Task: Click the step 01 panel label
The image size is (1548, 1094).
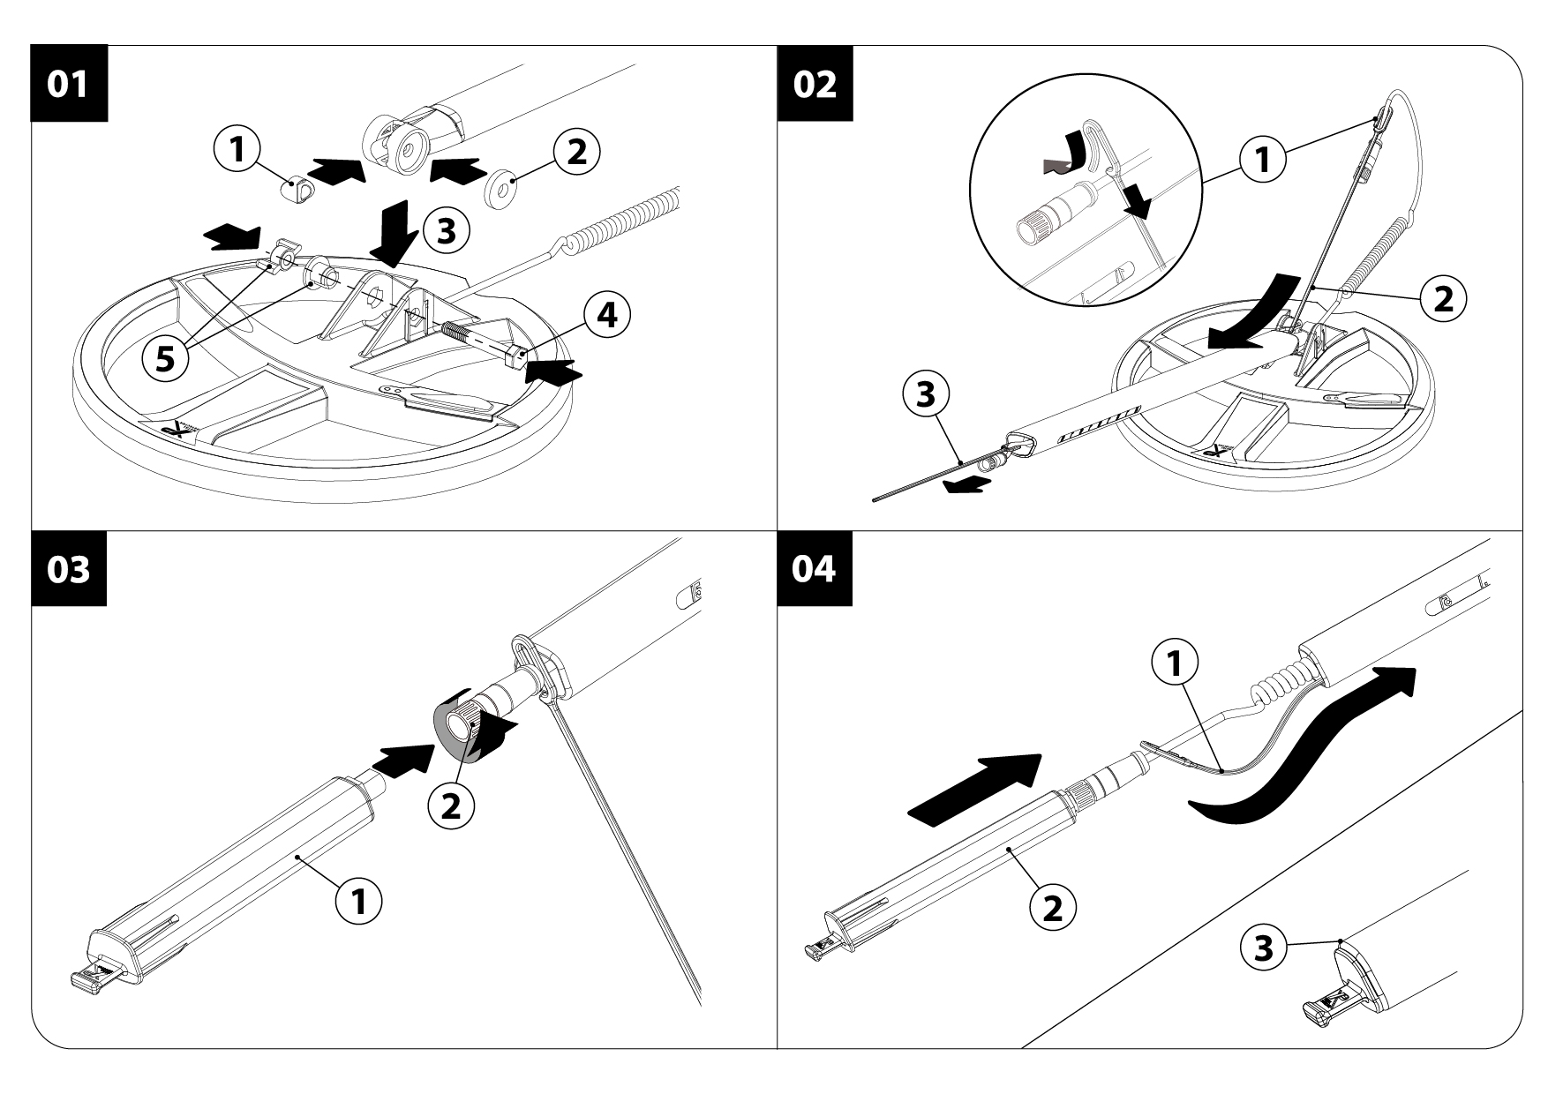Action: pos(68,84)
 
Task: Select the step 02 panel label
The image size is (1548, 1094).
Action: pos(815,84)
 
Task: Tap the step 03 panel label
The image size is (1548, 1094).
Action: pos(68,569)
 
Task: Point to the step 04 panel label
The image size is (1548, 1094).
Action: pos(815,569)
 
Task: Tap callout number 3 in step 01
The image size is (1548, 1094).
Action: pos(446,231)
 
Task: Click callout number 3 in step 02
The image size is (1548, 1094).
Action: pos(925,396)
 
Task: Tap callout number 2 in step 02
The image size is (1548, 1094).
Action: pos(1443,299)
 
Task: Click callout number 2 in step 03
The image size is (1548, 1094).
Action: pos(451,806)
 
